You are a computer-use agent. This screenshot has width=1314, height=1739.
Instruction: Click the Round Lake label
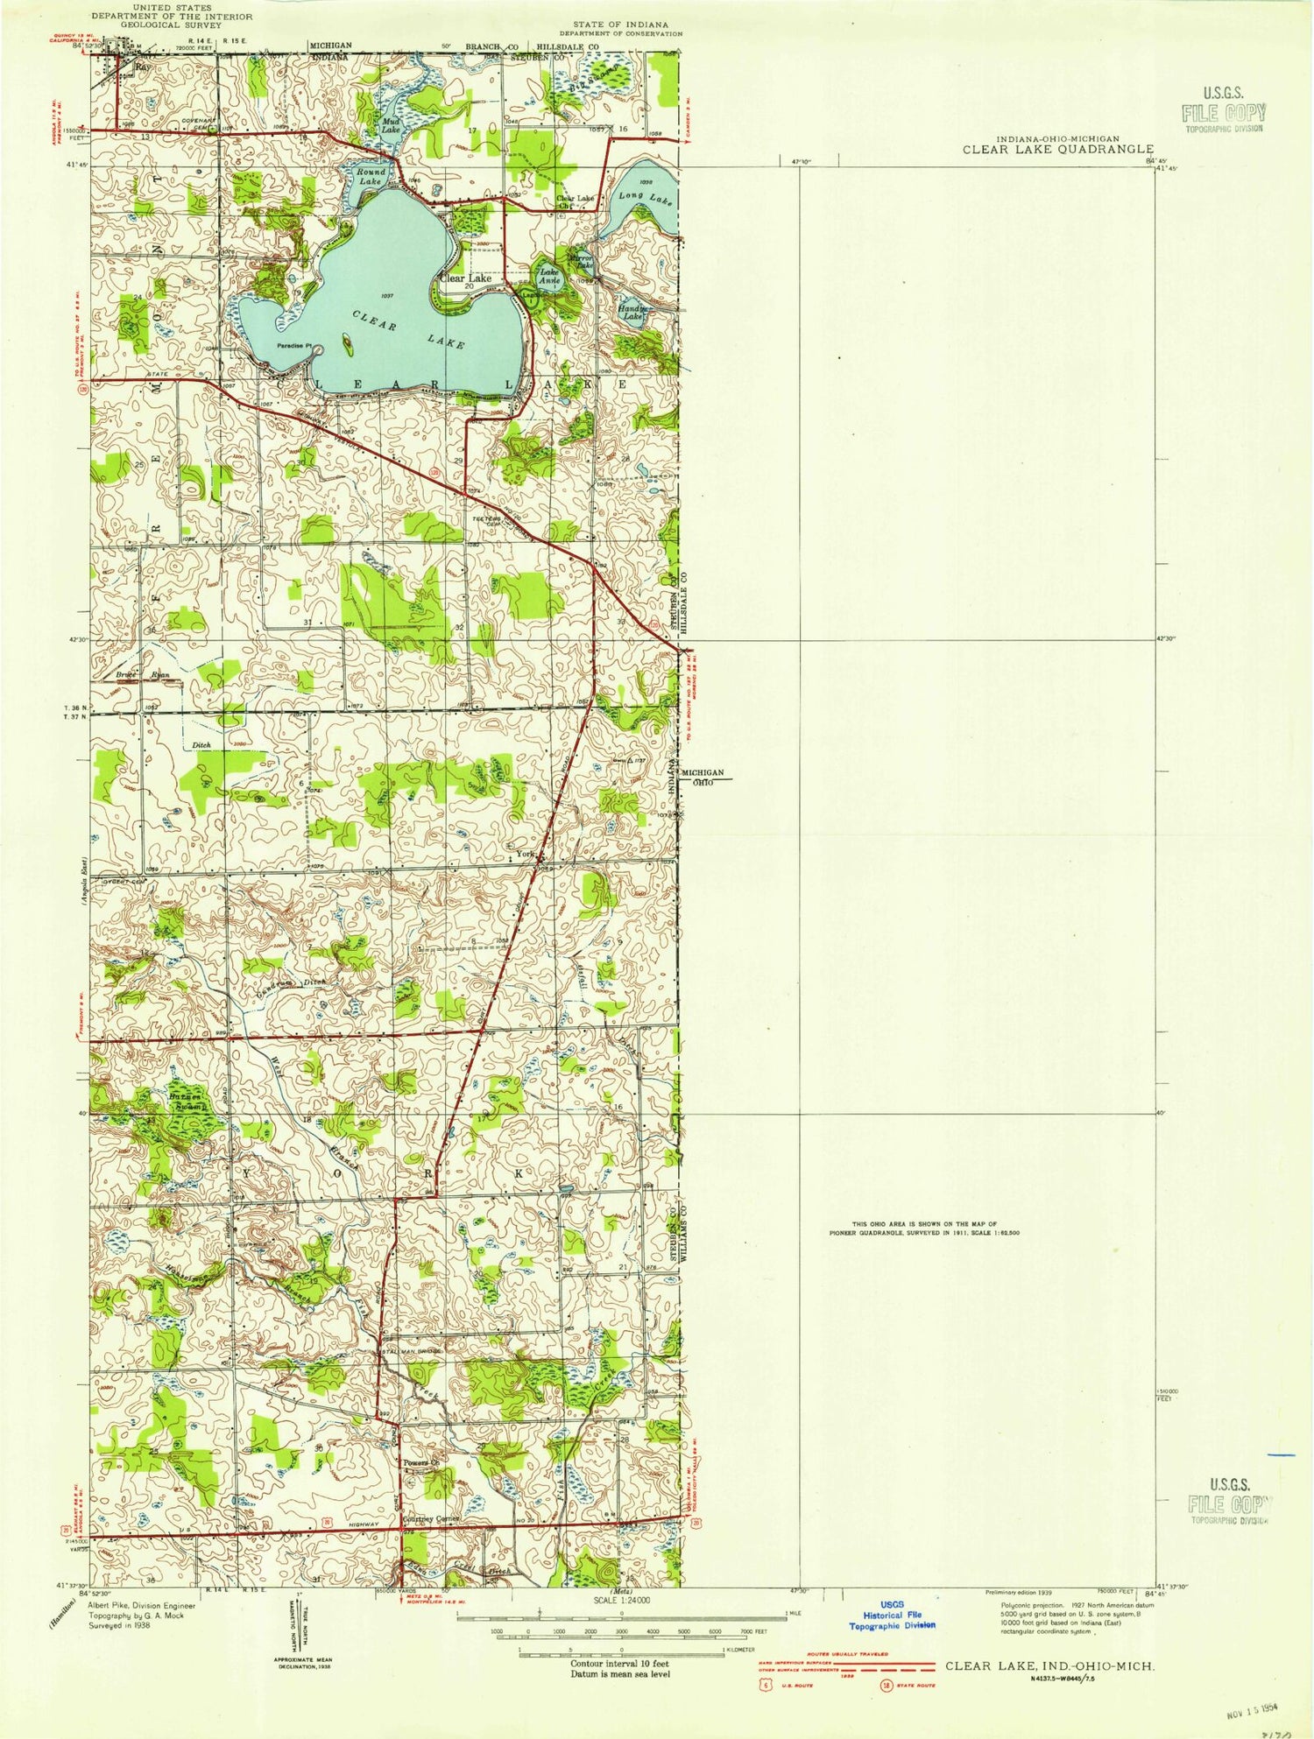(370, 176)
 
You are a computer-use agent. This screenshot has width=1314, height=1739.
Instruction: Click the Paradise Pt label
(293, 346)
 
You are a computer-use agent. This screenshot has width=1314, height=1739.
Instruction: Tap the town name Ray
(140, 66)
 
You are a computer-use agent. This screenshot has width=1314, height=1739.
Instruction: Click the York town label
(526, 854)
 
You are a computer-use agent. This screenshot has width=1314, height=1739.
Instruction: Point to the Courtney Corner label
(430, 1519)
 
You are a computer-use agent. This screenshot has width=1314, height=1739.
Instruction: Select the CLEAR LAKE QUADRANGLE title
(1057, 150)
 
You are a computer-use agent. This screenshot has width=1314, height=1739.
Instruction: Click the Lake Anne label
(549, 277)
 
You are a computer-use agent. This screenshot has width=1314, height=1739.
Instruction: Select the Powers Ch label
(420, 1463)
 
